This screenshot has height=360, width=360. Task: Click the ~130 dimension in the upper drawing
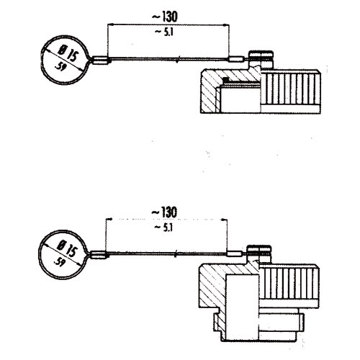[x=165, y=17]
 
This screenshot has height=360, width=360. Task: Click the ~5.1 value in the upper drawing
[x=164, y=32]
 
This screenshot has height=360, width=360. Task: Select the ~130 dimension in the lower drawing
[x=165, y=212]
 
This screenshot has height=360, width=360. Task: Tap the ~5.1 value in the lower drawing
[x=164, y=228]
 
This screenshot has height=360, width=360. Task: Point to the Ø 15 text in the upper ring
[x=69, y=54]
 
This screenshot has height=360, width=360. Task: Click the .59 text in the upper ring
[x=60, y=67]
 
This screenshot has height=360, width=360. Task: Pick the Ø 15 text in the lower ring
[x=68, y=249]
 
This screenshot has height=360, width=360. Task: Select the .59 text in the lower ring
[x=58, y=262]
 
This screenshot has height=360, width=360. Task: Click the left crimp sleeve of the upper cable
[x=100, y=60]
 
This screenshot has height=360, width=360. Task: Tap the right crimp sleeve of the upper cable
[x=237, y=59]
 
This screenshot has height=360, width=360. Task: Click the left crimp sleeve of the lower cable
[x=98, y=255]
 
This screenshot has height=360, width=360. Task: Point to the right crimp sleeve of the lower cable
[x=235, y=253]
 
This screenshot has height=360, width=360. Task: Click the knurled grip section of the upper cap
[x=291, y=89]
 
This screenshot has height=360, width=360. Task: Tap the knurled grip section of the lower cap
[x=289, y=284]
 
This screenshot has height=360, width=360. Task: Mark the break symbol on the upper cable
[x=177, y=59]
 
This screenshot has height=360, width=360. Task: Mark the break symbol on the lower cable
[x=176, y=254]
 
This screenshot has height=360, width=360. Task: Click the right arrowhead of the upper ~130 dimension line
[x=226, y=24]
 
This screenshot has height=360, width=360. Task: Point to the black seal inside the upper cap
[x=225, y=78]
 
